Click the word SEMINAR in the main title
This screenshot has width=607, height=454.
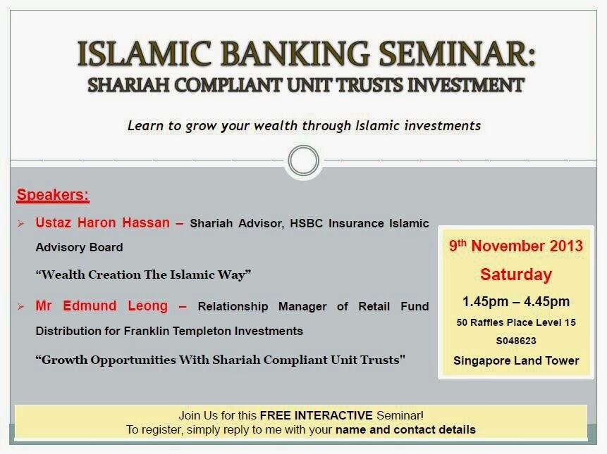tap(457, 53)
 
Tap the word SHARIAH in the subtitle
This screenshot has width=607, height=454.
tap(128, 85)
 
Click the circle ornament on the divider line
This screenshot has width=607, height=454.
tap(303, 160)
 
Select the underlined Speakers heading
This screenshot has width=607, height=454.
tap(53, 195)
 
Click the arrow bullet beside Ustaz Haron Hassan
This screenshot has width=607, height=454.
tap(21, 223)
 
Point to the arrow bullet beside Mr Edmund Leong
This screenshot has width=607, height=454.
tap(21, 307)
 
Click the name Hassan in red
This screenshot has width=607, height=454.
tap(146, 223)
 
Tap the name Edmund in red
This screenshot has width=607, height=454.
tap(90, 306)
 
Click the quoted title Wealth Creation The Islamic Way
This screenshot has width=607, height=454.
tap(143, 275)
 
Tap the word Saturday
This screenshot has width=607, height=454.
tap(516, 275)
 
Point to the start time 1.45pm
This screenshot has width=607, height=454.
tap(486, 302)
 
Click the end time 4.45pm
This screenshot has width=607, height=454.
tap(546, 302)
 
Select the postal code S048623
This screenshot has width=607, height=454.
tap(516, 341)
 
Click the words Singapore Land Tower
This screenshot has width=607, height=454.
tap(516, 360)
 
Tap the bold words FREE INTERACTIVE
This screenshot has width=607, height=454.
tap(317, 415)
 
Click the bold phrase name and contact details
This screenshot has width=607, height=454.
tap(405, 429)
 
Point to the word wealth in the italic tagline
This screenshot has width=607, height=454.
tap(276, 126)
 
